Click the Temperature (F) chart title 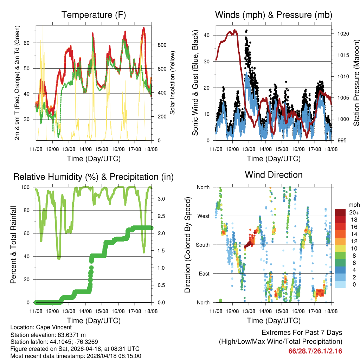94,15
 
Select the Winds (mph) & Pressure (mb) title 274,15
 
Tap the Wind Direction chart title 274,175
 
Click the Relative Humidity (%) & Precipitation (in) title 94,177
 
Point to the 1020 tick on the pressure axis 341,34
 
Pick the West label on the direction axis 203,216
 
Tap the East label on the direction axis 204,274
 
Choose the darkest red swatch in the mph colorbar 340,212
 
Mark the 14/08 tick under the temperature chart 85,149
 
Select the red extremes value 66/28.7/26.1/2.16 315,351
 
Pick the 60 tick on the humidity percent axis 29,233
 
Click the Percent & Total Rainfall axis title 13,245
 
